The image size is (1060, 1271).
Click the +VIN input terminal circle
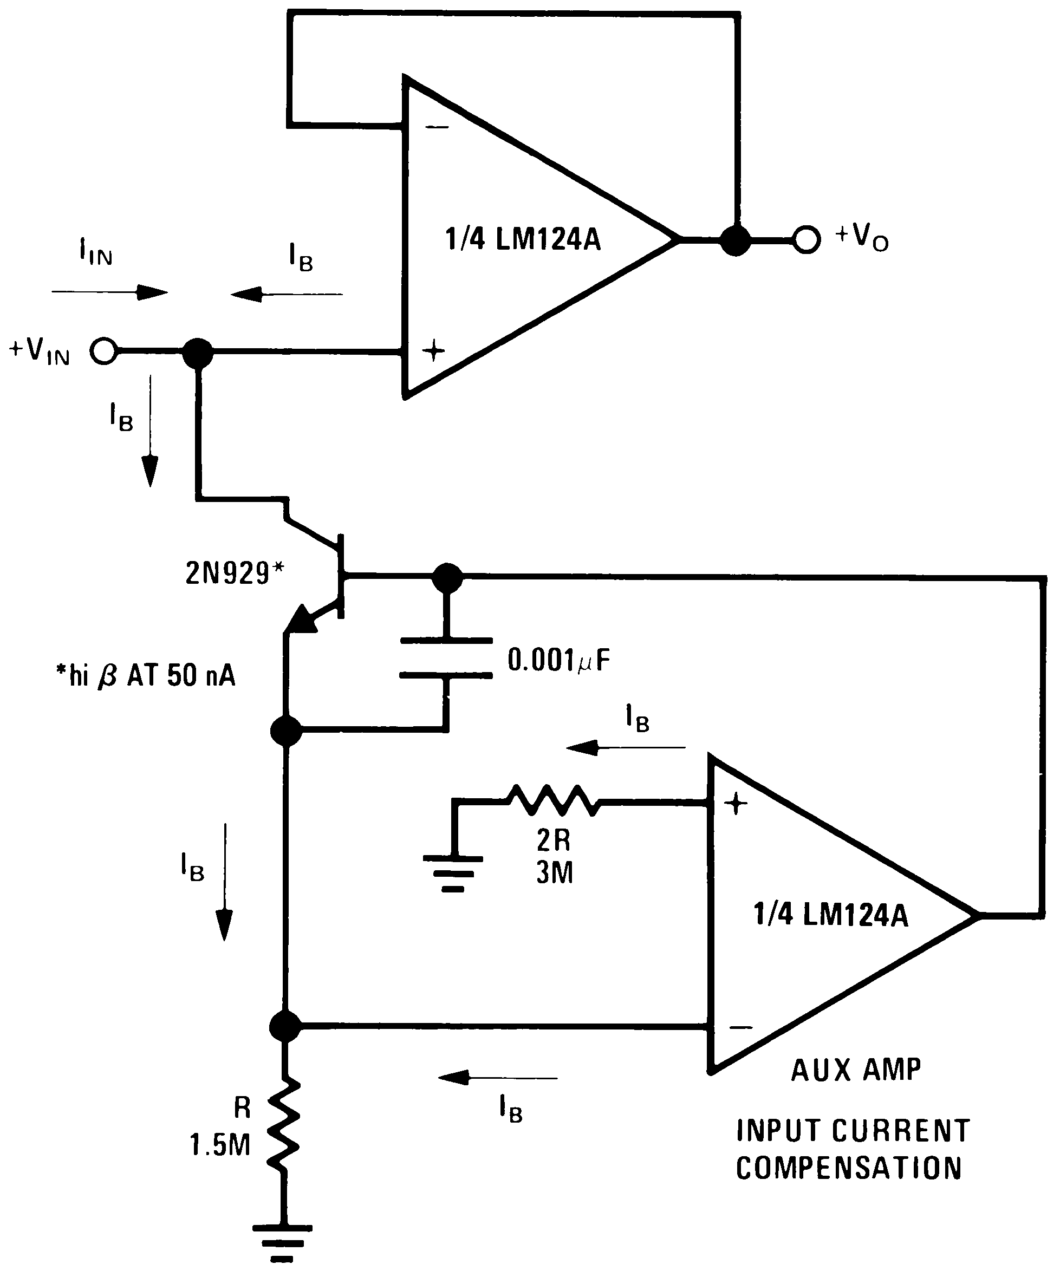tap(103, 351)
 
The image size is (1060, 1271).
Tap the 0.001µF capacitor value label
tap(558, 660)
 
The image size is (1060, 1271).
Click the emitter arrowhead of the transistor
tap(301, 621)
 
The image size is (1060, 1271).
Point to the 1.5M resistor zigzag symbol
tap(284, 1125)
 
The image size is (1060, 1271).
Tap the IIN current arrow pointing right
tap(109, 293)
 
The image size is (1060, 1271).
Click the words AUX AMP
tap(855, 1070)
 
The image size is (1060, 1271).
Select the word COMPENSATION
tap(848, 1168)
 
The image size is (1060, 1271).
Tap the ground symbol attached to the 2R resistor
tap(453, 874)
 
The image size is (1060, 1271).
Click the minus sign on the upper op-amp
tap(437, 127)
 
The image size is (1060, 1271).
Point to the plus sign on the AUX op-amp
tap(736, 804)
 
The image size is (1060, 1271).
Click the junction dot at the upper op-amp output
tap(736, 240)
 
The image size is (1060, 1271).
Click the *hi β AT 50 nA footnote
tap(145, 675)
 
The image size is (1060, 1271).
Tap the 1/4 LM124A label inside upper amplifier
tap(523, 240)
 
